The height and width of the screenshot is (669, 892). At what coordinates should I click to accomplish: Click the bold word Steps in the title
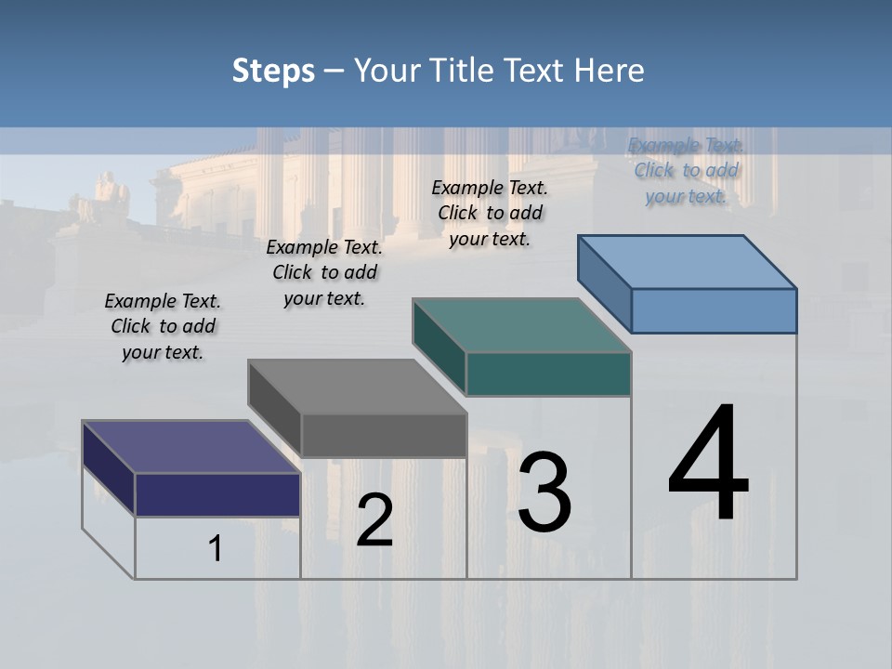click(273, 71)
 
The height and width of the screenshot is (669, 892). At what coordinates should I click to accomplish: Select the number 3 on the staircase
click(544, 492)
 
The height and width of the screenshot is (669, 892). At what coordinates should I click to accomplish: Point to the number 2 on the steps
click(374, 519)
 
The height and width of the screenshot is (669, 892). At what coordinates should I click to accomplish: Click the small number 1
click(216, 549)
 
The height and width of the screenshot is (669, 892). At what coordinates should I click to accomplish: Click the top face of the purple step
click(190, 447)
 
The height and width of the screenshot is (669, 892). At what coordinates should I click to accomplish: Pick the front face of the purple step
click(217, 494)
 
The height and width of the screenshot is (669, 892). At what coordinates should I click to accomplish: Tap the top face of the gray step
click(357, 387)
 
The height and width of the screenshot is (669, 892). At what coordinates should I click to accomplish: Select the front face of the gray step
click(384, 435)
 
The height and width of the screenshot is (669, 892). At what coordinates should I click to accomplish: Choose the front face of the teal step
click(548, 374)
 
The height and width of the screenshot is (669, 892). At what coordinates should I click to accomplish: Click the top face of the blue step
click(687, 261)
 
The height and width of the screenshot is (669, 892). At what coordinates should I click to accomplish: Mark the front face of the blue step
click(714, 310)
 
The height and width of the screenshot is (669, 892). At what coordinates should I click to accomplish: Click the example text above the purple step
click(163, 326)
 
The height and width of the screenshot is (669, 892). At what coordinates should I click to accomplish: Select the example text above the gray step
click(324, 272)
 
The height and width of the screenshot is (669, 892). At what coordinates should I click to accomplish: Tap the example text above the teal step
click(490, 213)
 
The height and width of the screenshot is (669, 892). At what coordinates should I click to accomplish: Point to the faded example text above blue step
click(687, 170)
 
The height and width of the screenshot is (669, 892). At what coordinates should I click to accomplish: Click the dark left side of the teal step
click(439, 346)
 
